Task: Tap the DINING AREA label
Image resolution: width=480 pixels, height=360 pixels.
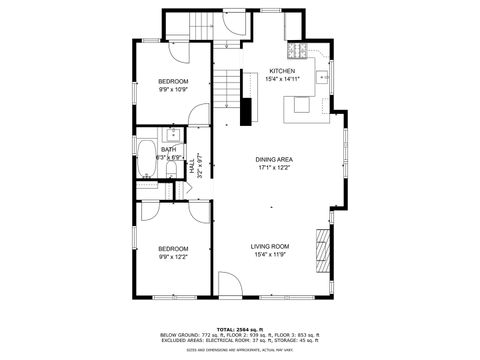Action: (273, 159)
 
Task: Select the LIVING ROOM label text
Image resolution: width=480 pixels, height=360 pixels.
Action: (269, 246)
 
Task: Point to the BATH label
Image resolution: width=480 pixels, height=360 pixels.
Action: (154, 150)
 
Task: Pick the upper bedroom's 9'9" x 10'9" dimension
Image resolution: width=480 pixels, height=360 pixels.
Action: (173, 88)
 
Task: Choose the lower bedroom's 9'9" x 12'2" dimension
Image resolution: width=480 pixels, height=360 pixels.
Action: (172, 257)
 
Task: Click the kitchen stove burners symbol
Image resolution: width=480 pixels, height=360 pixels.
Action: (297, 49)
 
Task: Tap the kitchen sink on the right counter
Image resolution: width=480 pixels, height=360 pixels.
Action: (323, 76)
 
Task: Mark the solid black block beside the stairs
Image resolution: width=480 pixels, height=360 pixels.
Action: (244, 110)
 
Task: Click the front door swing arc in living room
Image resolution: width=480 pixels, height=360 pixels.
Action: (229, 289)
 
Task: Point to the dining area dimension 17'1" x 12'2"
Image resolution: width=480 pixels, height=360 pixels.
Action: (273, 167)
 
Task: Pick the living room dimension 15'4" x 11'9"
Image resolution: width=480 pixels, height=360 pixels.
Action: (269, 254)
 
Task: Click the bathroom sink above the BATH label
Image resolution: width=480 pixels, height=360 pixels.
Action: (171, 134)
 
